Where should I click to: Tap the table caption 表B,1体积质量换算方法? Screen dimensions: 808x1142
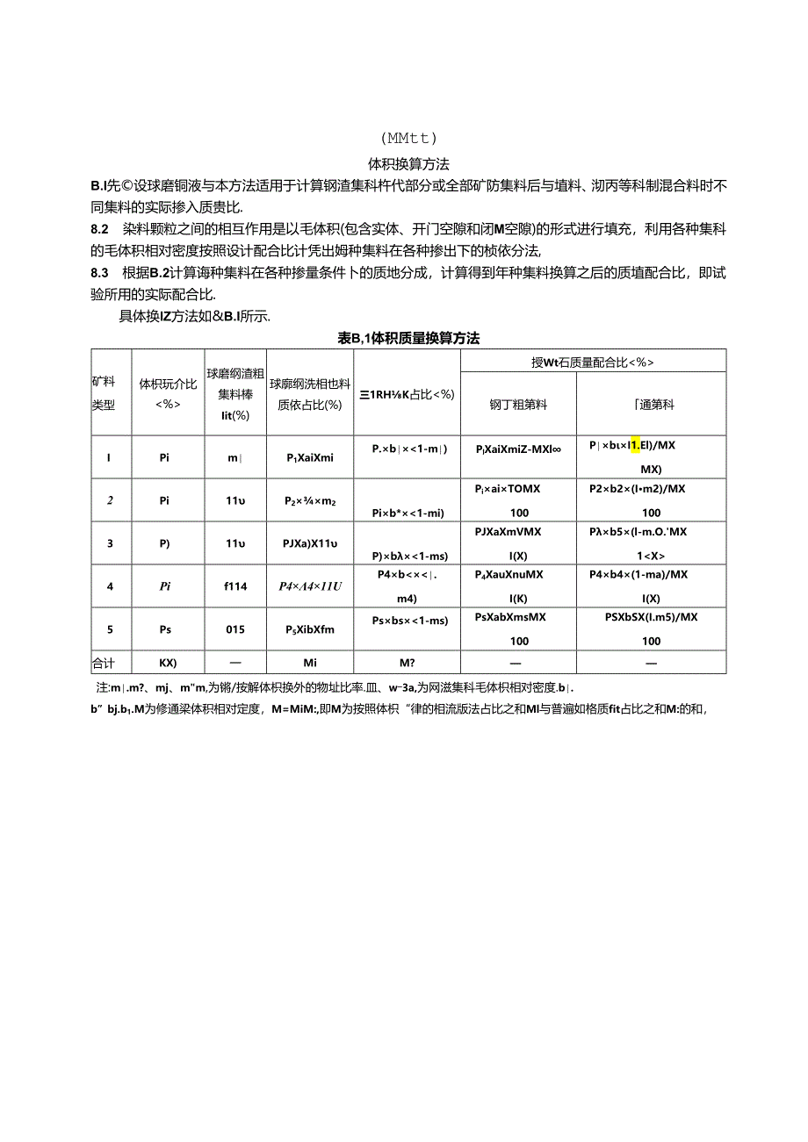(408, 338)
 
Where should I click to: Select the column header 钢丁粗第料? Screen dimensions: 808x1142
(518, 405)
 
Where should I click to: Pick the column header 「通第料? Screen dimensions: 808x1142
(651, 405)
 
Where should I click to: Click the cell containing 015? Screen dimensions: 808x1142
(234, 629)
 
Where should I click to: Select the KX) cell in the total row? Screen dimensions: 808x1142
(167, 663)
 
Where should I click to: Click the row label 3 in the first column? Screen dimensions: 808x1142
(110, 543)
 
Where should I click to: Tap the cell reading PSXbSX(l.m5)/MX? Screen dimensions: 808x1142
(651, 616)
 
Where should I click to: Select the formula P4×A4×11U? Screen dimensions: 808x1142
(310, 585)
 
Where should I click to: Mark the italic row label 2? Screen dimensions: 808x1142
(110, 500)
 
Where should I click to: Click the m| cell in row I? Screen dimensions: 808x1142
(234, 456)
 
